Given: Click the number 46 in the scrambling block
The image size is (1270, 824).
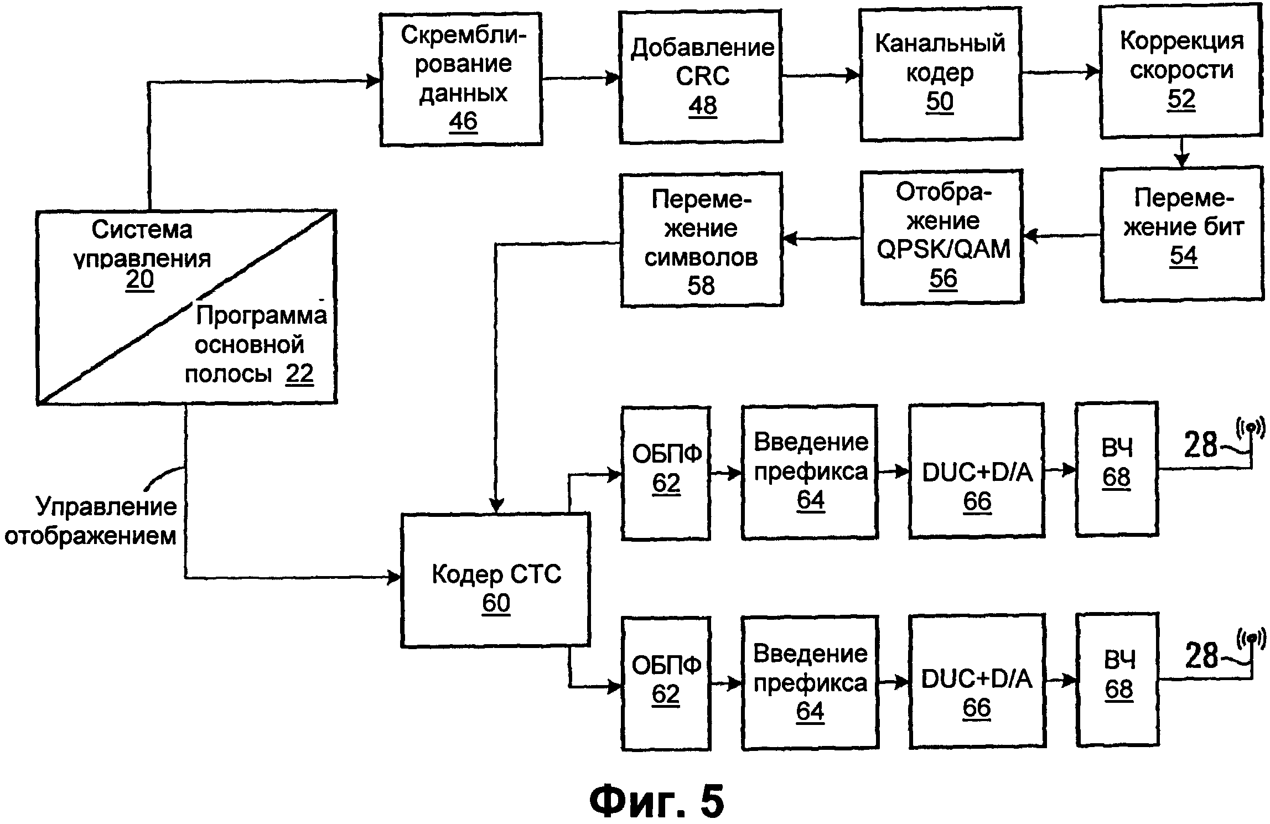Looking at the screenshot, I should pyautogui.click(x=463, y=121).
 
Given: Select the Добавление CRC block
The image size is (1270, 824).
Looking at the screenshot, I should pyautogui.click(x=701, y=76).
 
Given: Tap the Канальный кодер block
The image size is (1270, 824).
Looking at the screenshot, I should pyautogui.click(x=940, y=74).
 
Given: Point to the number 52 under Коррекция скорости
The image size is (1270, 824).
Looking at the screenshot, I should pyautogui.click(x=1181, y=100).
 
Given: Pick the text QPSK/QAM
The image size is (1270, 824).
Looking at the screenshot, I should pyautogui.click(x=944, y=249).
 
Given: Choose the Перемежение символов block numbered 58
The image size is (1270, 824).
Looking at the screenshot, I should pyautogui.click(x=701, y=240).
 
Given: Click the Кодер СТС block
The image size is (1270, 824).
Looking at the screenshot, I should pyautogui.click(x=496, y=580).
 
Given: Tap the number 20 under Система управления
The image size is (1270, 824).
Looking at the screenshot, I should pyautogui.click(x=140, y=280).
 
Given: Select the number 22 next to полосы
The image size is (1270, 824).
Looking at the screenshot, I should pyautogui.click(x=299, y=374).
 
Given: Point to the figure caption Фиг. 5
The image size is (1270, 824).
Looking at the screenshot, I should pyautogui.click(x=656, y=800).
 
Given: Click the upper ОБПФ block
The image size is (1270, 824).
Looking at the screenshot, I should pyautogui.click(x=666, y=473).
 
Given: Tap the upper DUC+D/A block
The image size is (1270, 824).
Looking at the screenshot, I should pyautogui.click(x=977, y=471).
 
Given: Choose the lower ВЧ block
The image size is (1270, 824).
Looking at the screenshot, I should pyautogui.click(x=1117, y=680).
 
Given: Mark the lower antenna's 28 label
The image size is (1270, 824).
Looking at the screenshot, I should pyautogui.click(x=1201, y=656).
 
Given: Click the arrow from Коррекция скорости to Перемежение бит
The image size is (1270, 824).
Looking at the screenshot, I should pyautogui.click(x=1181, y=154).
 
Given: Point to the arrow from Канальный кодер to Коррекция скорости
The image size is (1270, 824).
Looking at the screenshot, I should pyautogui.click(x=1060, y=72).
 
